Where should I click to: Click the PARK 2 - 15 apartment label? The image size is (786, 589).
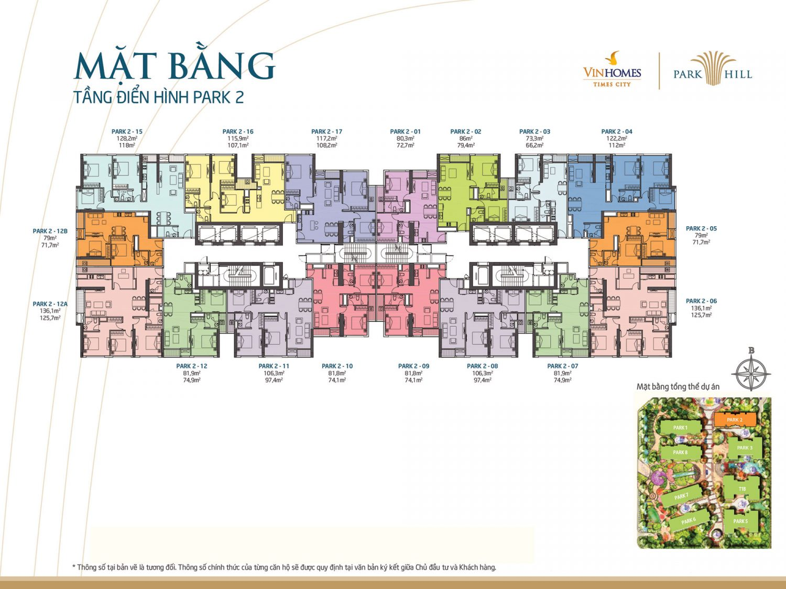pyautogui.click(x=127, y=132)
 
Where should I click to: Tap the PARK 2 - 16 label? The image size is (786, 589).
pyautogui.click(x=238, y=132)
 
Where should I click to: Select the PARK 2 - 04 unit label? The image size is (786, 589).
pyautogui.click(x=617, y=132)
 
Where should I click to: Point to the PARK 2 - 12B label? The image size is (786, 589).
pyautogui.click(x=50, y=231)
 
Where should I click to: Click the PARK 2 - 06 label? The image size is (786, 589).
pyautogui.click(x=701, y=301)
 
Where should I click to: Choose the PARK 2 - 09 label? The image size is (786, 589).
pyautogui.click(x=413, y=366)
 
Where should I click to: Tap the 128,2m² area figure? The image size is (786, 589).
pyautogui.click(x=127, y=139)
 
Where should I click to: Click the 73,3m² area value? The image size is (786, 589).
pyautogui.click(x=534, y=139)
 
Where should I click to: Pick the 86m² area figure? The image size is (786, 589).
pyautogui.click(x=466, y=139)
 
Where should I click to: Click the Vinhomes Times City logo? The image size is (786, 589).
pyautogui.click(x=612, y=70)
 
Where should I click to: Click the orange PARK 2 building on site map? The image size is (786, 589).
pyautogui.click(x=735, y=419)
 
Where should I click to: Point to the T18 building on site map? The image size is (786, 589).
pyautogui.click(x=742, y=489)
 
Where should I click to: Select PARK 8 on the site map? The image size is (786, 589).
pyautogui.click(x=680, y=452)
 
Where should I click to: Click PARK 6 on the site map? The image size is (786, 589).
pyautogui.click(x=689, y=520)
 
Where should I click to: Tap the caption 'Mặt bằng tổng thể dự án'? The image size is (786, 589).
pyautogui.click(x=678, y=387)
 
